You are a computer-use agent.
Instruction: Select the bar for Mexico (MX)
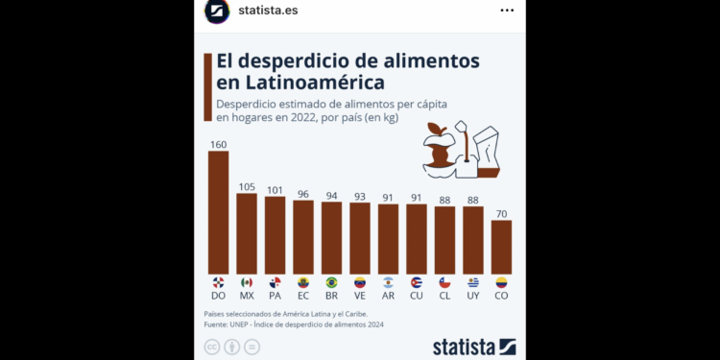pos(247,233)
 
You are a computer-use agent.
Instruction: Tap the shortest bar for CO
pos(501,247)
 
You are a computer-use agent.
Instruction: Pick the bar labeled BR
pos(331,237)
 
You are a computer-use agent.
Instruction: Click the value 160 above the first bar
pos(218,144)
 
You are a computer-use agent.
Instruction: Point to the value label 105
pos(247,186)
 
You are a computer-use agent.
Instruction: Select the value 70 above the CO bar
pos(501,213)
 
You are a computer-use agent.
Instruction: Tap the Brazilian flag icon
pos(331,282)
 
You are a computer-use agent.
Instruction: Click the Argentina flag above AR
pos(388,282)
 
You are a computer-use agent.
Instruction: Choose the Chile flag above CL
pos(444,282)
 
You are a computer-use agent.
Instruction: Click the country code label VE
pos(360,296)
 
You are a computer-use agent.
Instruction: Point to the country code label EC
pos(303,296)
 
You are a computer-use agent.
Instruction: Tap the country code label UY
pos(472,296)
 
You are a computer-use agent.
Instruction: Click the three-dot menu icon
pos(507,11)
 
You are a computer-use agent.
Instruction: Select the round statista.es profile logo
pos(217,11)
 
